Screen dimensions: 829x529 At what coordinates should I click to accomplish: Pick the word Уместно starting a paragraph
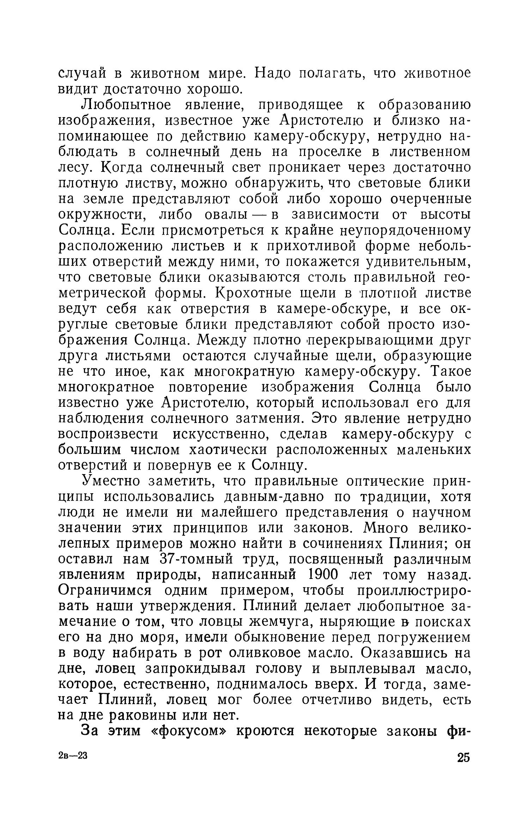(x=111, y=481)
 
